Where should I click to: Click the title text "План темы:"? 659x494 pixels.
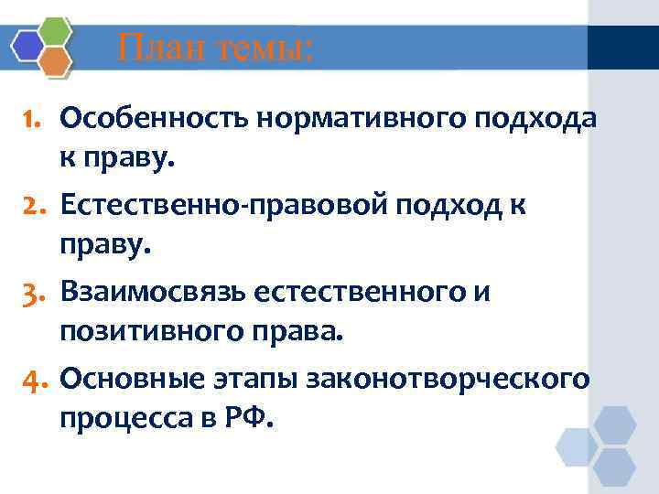(x=215, y=46)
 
